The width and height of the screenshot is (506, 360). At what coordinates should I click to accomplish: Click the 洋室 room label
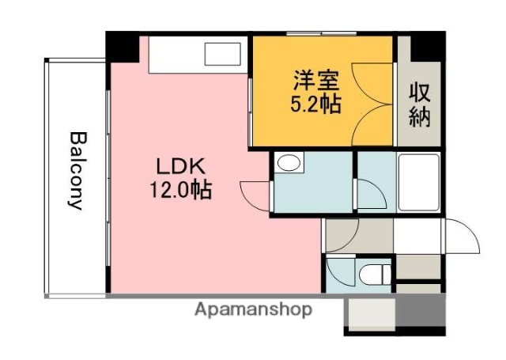317,80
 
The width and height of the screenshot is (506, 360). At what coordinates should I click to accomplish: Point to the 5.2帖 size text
317,103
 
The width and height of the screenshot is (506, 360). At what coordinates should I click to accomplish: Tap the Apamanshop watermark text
253,309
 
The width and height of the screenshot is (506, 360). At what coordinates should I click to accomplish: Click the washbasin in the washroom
289,164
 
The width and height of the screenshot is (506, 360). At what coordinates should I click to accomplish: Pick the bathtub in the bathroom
417,181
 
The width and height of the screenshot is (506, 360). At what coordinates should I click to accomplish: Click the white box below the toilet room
369,316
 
